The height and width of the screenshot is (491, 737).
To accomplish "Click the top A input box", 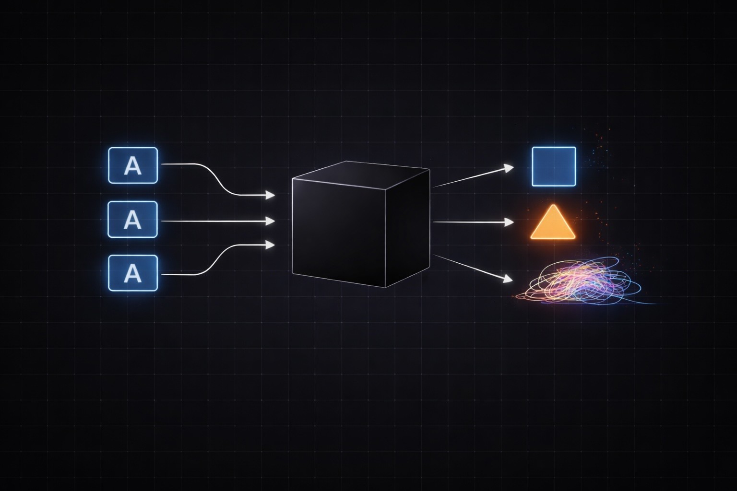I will tap(133, 165).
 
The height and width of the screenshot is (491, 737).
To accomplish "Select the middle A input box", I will tap(133, 220).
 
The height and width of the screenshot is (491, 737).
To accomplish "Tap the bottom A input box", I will tap(133, 273).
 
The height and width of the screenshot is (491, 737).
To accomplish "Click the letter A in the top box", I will tap(133, 166).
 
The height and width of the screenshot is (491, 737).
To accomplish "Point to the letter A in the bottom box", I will tap(133, 274).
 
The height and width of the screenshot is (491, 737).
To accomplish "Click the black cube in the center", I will tap(360, 225).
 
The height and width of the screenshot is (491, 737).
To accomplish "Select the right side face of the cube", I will tap(408, 225).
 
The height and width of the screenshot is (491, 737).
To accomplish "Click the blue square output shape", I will tap(554, 166).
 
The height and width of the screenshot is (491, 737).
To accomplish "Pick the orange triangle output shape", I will tap(553, 224).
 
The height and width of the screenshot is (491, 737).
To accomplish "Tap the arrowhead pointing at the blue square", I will tap(509, 167).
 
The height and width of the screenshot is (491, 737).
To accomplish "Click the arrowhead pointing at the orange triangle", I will tap(509, 222).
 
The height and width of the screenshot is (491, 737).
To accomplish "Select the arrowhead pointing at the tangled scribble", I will tap(508, 279).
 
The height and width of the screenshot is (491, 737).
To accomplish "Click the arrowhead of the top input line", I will tap(271, 195).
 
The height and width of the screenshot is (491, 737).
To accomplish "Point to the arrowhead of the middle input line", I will tap(271, 221).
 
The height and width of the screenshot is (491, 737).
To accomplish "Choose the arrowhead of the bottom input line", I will tap(271, 245).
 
